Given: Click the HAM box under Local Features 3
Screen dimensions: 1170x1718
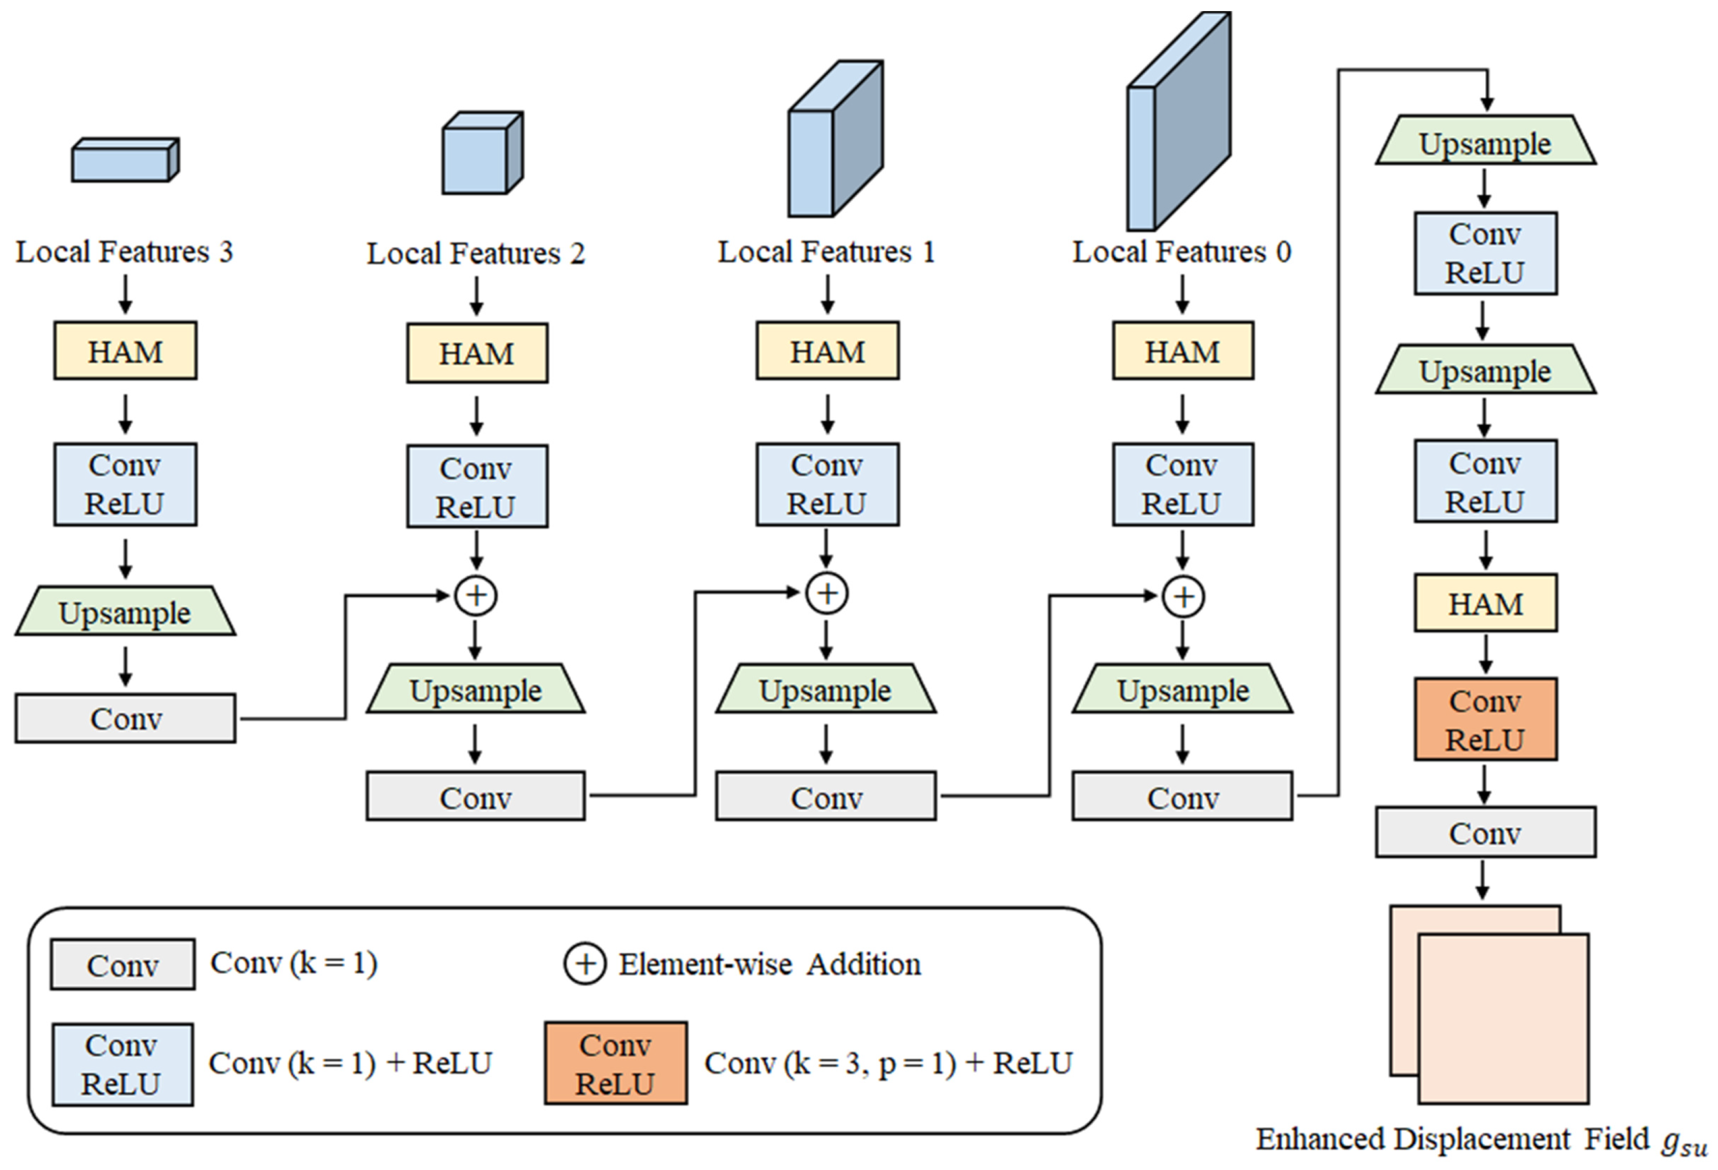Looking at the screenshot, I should tap(125, 351).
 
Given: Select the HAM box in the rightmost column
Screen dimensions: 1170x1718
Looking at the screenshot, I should tap(1485, 603).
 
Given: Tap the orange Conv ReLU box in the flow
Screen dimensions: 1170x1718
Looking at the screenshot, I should tap(1485, 719).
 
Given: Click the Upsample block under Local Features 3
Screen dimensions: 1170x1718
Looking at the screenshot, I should tap(125, 612).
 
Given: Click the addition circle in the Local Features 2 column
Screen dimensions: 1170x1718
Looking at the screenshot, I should tap(476, 596).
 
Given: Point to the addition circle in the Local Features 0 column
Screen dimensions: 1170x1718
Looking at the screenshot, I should tap(1183, 597).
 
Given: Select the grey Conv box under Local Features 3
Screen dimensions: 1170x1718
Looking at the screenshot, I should tap(125, 718).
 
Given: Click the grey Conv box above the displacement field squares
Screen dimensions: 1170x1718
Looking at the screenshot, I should tap(1485, 833).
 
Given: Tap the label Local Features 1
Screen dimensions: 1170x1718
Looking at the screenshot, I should tap(826, 252).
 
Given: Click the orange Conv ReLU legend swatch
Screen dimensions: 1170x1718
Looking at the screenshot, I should tap(615, 1064).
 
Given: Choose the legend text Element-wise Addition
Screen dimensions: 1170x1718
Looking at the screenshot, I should tap(769, 965).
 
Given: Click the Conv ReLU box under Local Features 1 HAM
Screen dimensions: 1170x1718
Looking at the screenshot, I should tap(826, 485).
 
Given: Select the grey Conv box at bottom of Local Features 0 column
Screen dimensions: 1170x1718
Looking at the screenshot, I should tap(1182, 797).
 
